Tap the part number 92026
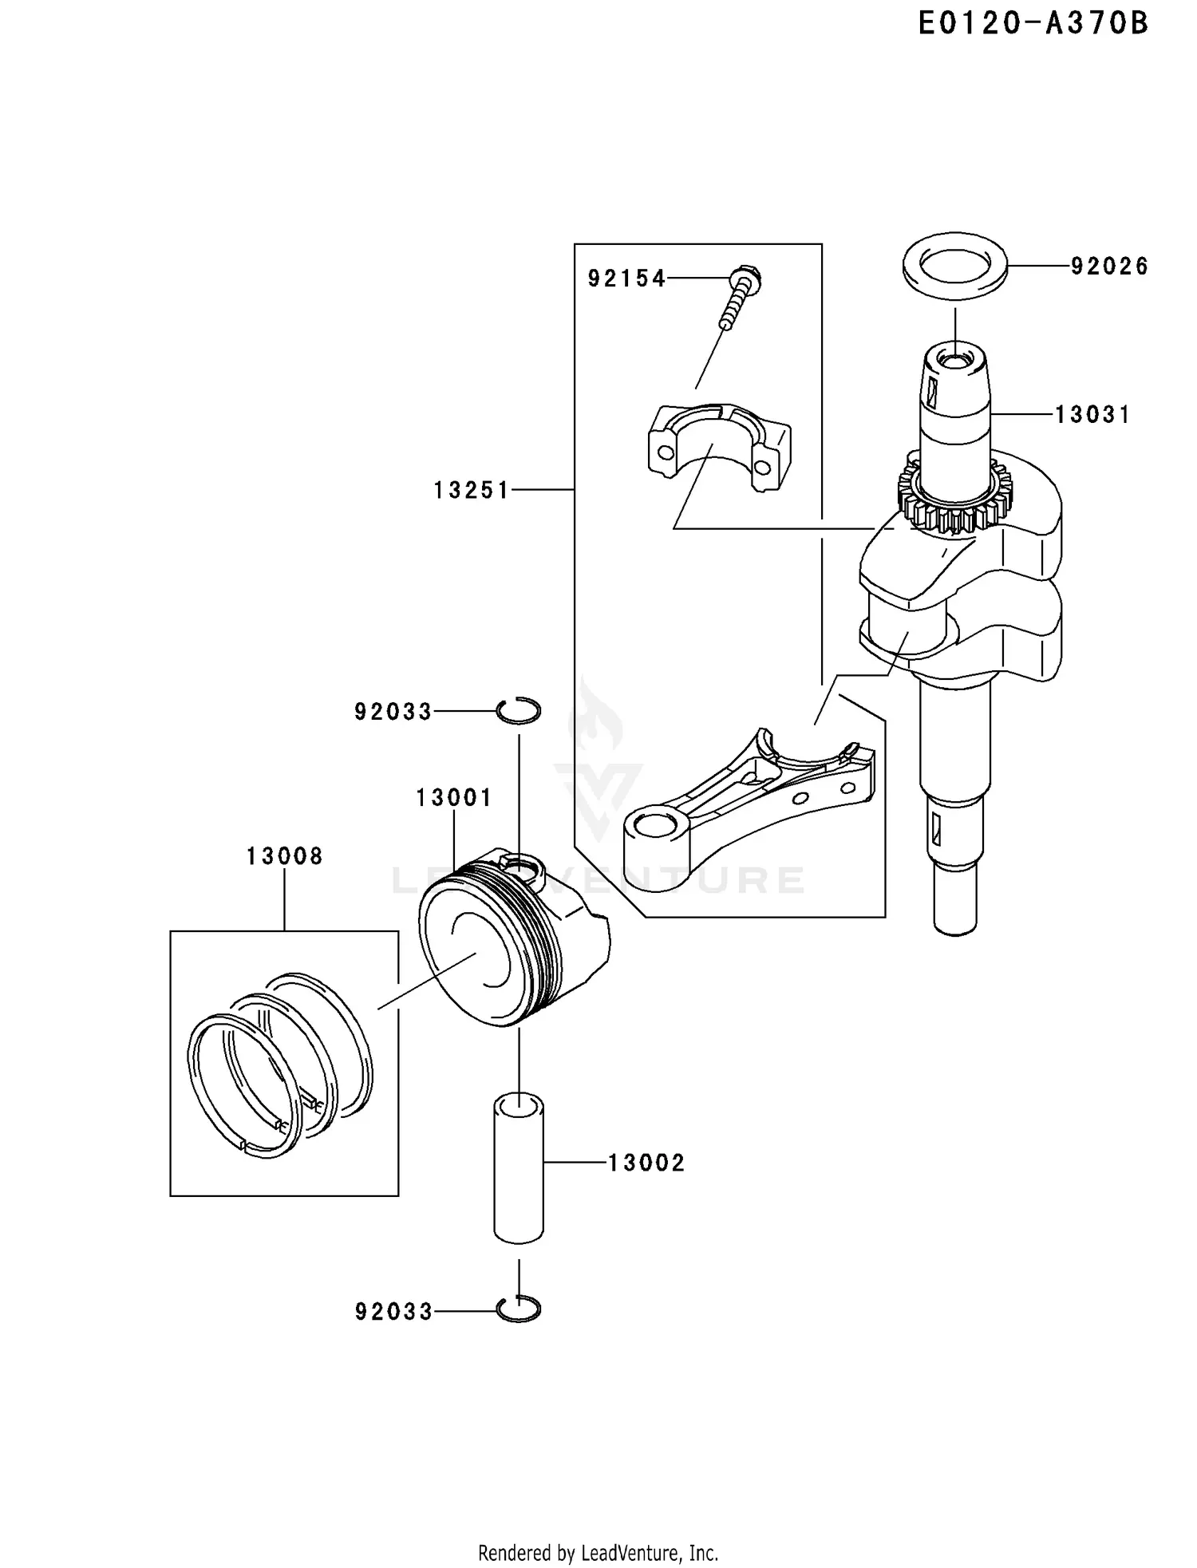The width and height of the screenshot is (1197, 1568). [1109, 267]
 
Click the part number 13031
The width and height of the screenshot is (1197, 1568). [1092, 415]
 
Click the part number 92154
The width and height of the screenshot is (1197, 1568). [626, 278]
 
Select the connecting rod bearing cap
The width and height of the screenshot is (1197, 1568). [718, 447]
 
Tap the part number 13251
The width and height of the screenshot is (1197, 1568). [471, 490]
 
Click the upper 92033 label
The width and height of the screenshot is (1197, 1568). [393, 711]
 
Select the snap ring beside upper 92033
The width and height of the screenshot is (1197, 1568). [519, 710]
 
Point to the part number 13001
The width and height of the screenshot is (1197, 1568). [454, 797]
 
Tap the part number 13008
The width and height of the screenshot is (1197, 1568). [284, 856]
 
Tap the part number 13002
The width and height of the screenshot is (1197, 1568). [646, 1163]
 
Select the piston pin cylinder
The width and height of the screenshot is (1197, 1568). [519, 1169]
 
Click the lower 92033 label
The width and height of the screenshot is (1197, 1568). [393, 1311]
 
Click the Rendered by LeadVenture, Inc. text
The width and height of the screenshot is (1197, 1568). [598, 1553]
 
